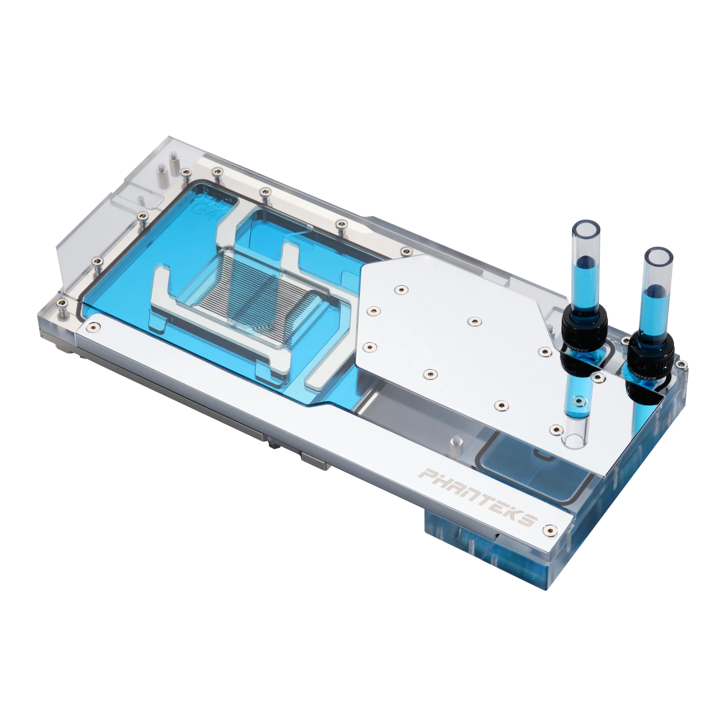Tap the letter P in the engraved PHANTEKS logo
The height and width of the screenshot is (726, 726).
[427, 474]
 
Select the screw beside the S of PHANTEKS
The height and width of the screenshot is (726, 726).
[550, 530]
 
